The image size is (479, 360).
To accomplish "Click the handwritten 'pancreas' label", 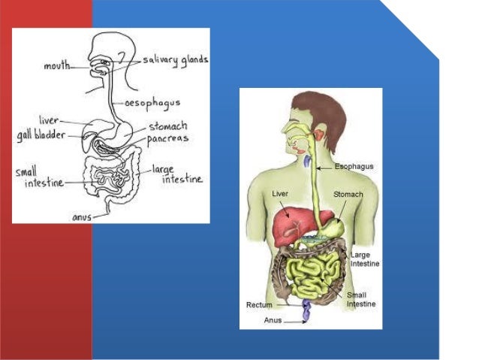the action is coord(167,139).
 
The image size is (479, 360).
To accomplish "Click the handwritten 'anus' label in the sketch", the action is coord(81,217).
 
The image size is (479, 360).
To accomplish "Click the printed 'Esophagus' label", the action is coord(354,167).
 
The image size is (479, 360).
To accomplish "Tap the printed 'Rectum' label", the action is coord(259,305).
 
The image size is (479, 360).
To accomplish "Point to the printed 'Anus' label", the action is coord(273,319).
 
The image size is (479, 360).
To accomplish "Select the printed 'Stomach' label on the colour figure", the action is coord(348,195).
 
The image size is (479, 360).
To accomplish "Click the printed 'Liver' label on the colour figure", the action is coord(279,194).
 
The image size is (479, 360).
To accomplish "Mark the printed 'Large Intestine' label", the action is coord(365,259).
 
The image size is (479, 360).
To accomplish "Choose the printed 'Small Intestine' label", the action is coord(361,300).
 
